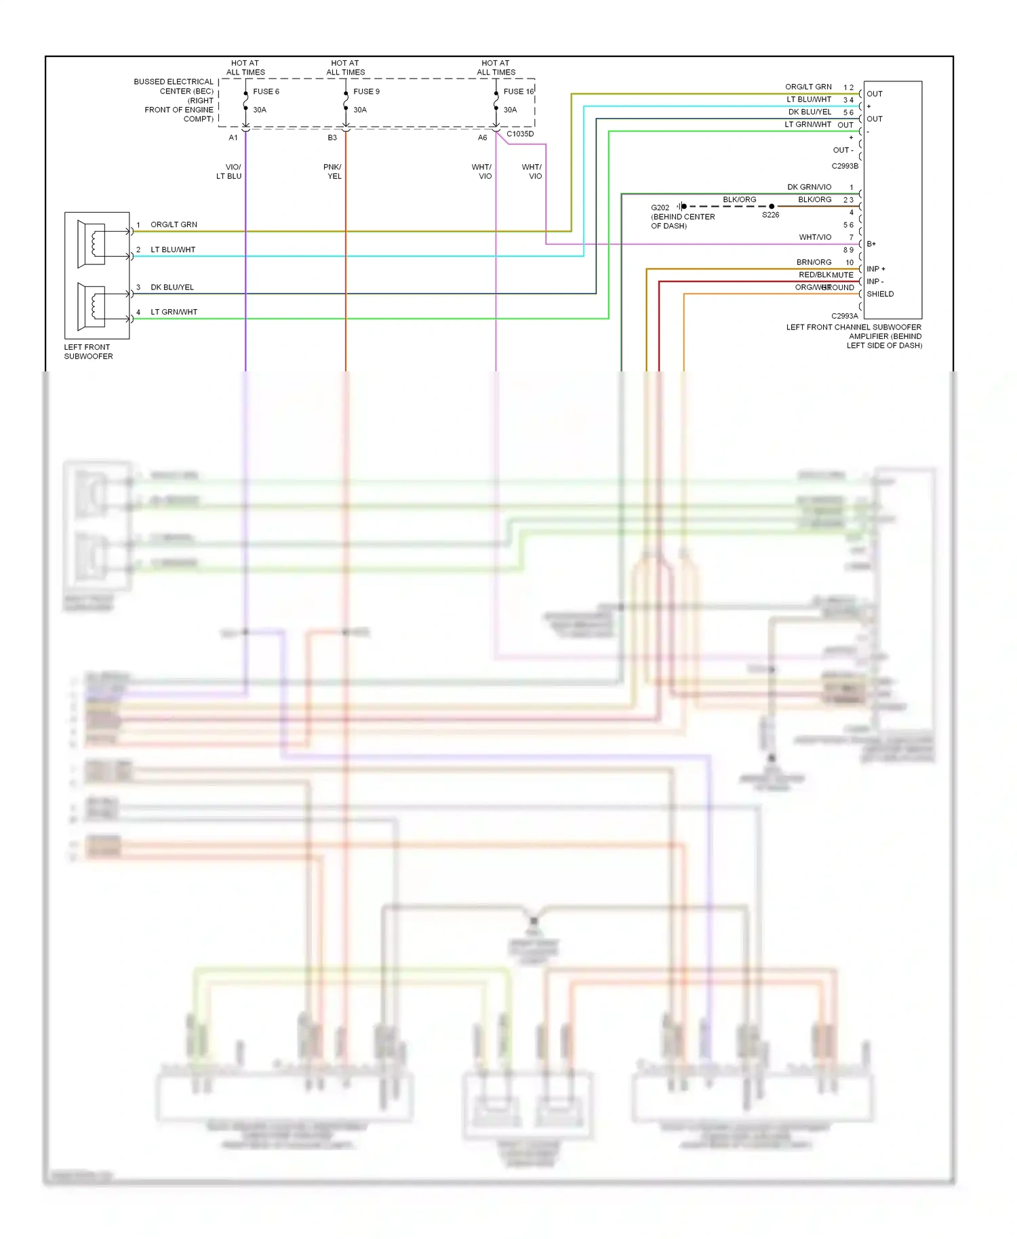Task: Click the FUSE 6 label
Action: (266, 92)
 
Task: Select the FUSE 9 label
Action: (366, 92)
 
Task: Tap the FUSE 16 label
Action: (518, 92)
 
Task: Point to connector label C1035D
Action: (520, 134)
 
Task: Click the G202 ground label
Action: (660, 208)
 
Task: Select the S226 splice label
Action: (770, 215)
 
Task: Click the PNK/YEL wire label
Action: (333, 171)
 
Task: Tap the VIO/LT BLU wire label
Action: (229, 171)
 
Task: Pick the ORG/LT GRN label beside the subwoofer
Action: (174, 224)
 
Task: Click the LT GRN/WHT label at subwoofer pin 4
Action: (174, 312)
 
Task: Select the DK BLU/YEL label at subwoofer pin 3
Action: (172, 287)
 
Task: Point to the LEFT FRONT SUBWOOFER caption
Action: (88, 352)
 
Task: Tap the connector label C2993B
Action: (845, 166)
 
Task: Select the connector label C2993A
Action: (845, 316)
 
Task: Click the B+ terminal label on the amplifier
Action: (871, 244)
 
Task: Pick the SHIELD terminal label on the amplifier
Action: (880, 294)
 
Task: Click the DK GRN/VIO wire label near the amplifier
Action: (809, 187)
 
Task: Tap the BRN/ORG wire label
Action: (814, 262)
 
